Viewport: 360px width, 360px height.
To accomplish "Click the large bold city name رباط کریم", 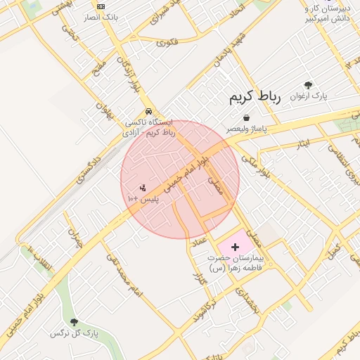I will coord(255,98).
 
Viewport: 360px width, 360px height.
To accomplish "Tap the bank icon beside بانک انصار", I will coord(102,6).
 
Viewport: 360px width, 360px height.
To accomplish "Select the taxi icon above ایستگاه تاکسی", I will coord(148,112).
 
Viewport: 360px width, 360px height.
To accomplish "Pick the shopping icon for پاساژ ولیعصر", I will coord(246,118).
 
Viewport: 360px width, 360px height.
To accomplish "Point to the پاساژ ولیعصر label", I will coord(246,129).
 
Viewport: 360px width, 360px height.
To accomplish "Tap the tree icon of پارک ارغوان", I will coord(308,85).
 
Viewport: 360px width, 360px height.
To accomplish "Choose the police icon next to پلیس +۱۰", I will coord(143,188).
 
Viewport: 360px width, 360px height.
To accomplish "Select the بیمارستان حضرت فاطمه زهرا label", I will coord(235,263).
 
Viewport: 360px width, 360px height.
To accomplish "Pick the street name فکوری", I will coord(169,44).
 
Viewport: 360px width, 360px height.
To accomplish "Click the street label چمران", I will coord(75,240).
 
